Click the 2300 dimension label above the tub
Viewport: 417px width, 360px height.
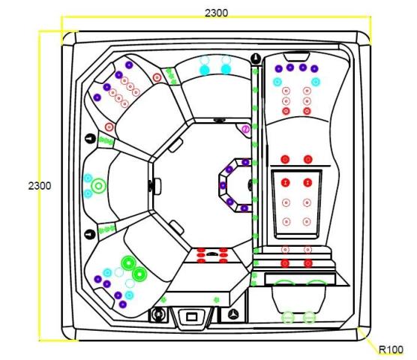[216, 13]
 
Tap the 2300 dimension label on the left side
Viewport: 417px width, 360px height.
[40, 185]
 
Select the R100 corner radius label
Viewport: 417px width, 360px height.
[391, 349]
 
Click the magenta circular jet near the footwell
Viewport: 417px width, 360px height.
[246, 129]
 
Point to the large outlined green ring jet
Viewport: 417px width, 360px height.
[99, 186]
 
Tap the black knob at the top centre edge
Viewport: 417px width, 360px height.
[256, 58]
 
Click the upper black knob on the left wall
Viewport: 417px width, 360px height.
[91, 139]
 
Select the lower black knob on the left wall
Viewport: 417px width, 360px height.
[90, 234]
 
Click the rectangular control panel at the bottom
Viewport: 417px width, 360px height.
[192, 316]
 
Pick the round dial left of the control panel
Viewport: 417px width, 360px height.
[158, 314]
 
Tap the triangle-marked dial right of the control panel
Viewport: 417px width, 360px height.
[233, 314]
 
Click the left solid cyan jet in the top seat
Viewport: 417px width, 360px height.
[205, 70]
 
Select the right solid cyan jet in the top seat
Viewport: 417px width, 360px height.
[226, 70]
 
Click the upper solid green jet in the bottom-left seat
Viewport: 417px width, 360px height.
[129, 263]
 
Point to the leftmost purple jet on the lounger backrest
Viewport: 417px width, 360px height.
[278, 68]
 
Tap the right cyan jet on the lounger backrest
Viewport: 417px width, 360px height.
[316, 82]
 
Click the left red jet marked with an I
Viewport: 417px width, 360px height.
[286, 183]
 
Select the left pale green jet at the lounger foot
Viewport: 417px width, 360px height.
[288, 317]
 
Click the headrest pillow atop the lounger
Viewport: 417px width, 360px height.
[296, 57]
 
